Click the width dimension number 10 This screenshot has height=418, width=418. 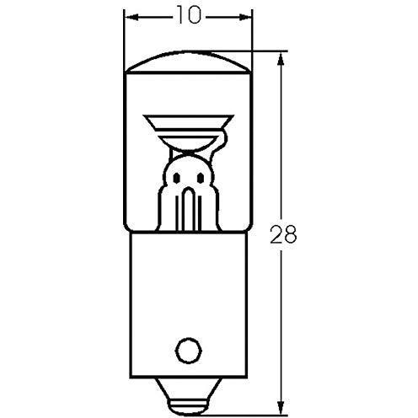pos(190,16)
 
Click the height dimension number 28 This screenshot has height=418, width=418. pos(283,234)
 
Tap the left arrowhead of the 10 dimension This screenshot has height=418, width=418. pos(132,18)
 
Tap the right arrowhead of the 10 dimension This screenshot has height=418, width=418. pos(245,18)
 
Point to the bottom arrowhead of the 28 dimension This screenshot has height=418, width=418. pos(280,407)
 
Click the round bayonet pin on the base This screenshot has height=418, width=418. pos(189,351)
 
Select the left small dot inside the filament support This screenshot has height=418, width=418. pos(176,178)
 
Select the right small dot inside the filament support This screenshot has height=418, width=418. pos(201,178)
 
